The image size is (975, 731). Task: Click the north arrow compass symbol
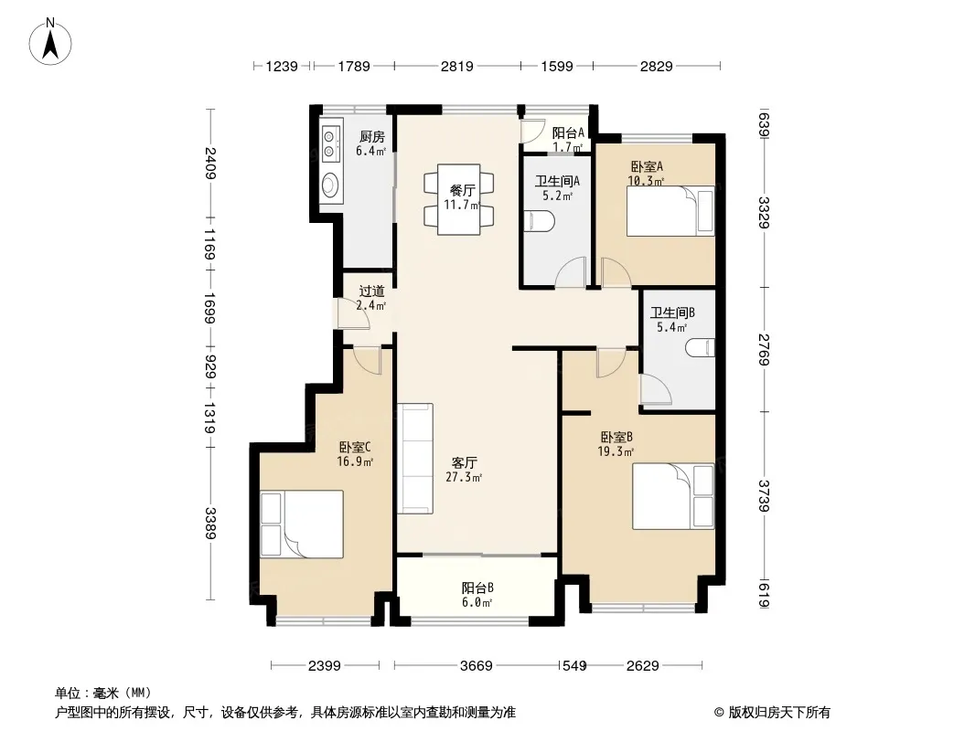[x=50, y=42]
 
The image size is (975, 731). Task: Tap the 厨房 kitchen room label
[x=372, y=137]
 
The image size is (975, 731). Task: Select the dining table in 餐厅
[x=459, y=199]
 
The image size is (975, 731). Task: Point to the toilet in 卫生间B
[x=701, y=347]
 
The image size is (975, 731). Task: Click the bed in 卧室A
[x=670, y=210]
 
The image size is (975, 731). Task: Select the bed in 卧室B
[x=673, y=496]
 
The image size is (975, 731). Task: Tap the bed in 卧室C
[x=302, y=524]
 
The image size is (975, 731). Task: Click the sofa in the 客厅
[x=415, y=459]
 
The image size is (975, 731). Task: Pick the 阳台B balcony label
[x=477, y=588]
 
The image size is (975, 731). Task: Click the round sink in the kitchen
[x=331, y=183]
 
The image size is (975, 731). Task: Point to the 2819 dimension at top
[x=457, y=66]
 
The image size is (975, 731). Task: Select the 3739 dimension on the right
[x=765, y=496]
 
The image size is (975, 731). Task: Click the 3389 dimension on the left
[x=210, y=524]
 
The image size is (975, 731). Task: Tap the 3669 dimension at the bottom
[x=477, y=666]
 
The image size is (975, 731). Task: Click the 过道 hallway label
[x=372, y=291]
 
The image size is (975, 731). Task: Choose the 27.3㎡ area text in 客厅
[x=464, y=478]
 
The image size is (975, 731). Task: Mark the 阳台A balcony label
[x=568, y=132]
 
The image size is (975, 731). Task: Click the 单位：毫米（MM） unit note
[x=103, y=694]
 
